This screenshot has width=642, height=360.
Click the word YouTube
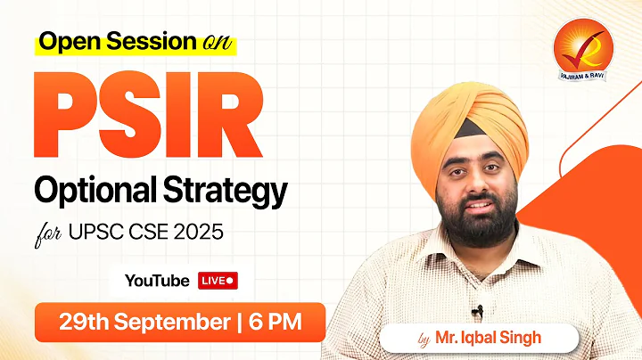(x=157, y=281)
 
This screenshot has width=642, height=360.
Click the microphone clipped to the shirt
(x=479, y=311)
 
